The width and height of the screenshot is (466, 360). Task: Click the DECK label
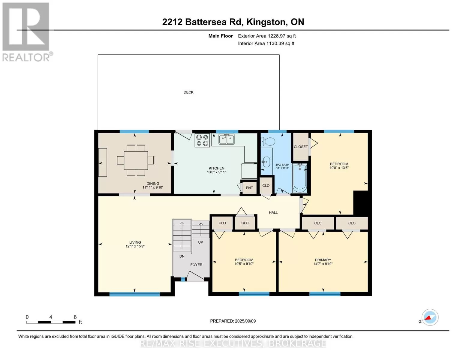(x=188, y=92)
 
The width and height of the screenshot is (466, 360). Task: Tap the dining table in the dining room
(x=136, y=160)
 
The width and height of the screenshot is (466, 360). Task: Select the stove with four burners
(x=202, y=140)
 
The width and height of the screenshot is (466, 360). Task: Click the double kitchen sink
(x=227, y=139)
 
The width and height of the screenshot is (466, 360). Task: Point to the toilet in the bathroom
(x=268, y=142)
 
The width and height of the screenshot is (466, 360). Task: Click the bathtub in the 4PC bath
(x=300, y=178)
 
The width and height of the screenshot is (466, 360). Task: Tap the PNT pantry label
(x=249, y=188)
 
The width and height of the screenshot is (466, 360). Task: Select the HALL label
(x=273, y=212)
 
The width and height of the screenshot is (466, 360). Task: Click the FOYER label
(x=196, y=265)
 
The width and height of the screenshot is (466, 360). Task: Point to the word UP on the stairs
(x=200, y=242)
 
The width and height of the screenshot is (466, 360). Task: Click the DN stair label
(x=182, y=256)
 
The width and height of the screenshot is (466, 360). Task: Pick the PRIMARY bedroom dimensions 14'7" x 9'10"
(x=323, y=264)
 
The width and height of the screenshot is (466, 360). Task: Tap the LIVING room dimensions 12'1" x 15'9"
(x=135, y=246)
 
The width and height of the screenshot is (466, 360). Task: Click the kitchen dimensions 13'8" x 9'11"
(x=217, y=172)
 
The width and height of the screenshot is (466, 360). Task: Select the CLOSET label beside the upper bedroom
(x=301, y=147)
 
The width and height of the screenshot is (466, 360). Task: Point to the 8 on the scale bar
(x=75, y=317)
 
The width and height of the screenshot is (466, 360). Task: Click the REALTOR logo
(x=27, y=32)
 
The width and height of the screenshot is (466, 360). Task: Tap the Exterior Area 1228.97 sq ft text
(x=267, y=36)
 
